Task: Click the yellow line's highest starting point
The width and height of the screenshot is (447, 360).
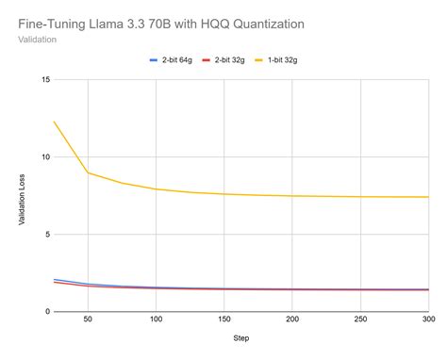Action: pos(55,122)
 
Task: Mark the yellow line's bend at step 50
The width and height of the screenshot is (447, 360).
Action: pos(88,172)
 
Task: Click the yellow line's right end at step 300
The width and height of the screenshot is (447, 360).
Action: pos(427,197)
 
